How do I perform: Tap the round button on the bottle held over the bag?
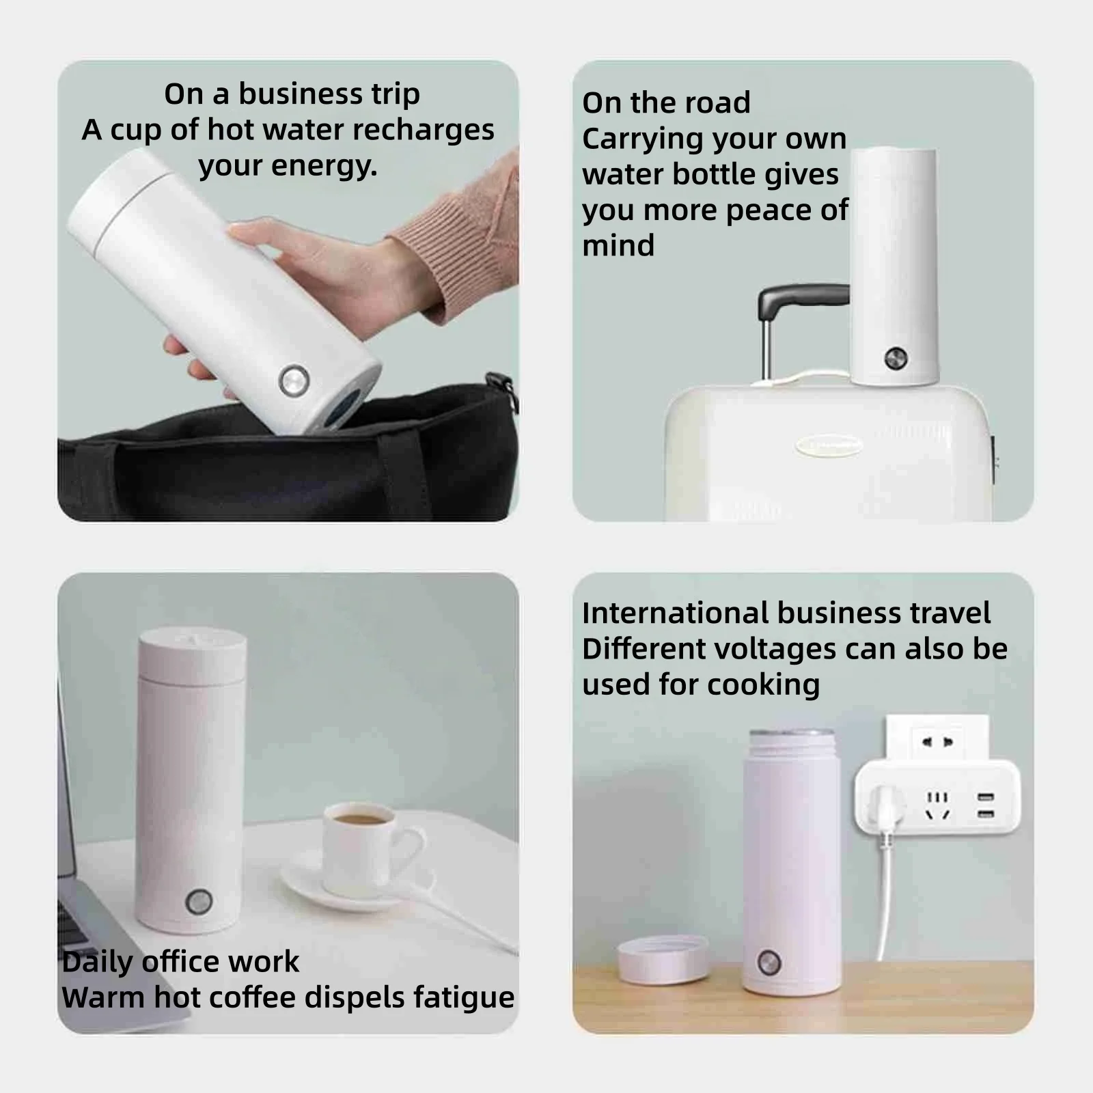coord(294,381)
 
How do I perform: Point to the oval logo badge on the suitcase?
coord(828,445)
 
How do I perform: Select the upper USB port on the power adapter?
coord(985,797)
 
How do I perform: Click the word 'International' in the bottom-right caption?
coord(675,613)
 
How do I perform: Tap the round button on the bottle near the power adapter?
coord(769,962)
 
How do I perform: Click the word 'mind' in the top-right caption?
coord(618,245)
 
